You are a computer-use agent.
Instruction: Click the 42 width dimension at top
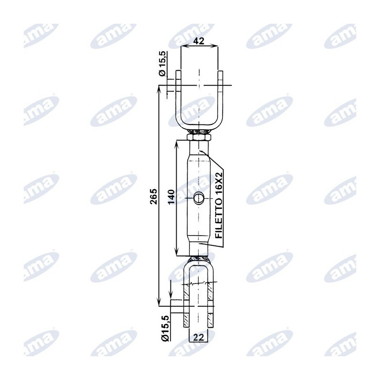point(199,41)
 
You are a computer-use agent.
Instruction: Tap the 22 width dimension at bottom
point(199,337)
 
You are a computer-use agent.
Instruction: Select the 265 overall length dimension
point(153,196)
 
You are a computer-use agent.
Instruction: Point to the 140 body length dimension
point(171,197)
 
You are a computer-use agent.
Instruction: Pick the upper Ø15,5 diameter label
point(162,64)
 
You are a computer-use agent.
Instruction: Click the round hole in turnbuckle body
point(199,198)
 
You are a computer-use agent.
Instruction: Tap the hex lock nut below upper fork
point(199,137)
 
